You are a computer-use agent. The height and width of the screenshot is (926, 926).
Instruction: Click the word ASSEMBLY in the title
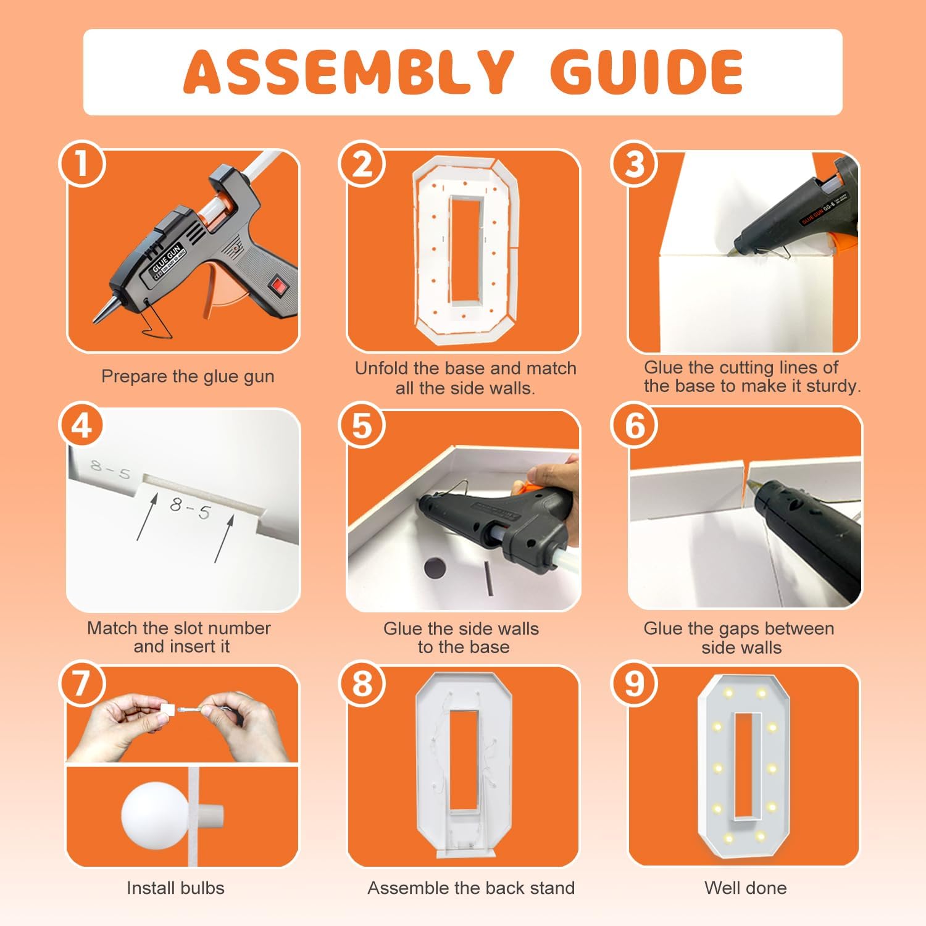point(349,71)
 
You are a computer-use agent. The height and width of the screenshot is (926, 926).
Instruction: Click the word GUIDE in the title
point(646,71)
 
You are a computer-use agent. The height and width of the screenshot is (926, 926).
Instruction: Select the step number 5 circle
point(362,426)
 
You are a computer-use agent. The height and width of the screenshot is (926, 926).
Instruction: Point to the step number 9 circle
point(634,683)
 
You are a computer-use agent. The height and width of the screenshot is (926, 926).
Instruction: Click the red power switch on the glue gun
point(279,286)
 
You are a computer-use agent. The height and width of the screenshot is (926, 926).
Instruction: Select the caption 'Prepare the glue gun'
point(188,377)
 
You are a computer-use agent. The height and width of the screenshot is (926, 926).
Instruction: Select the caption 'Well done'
point(746,888)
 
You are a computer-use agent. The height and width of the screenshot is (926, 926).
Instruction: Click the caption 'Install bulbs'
point(175,888)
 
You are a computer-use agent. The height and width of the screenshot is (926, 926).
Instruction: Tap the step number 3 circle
point(634,164)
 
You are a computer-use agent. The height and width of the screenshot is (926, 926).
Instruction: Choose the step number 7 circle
point(82,683)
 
